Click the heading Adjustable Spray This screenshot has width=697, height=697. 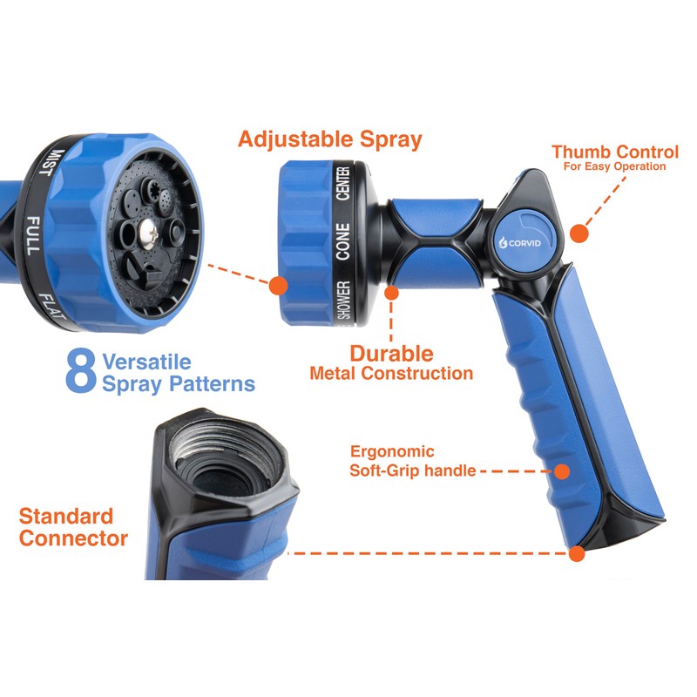tap(330, 139)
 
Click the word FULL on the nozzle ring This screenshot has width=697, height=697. tap(33, 234)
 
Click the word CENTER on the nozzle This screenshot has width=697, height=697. tap(342, 183)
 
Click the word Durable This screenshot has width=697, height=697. tap(391, 353)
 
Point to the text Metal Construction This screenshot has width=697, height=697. tap(391, 374)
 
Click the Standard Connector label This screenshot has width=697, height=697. tap(73, 526)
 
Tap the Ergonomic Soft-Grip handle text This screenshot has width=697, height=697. tap(413, 462)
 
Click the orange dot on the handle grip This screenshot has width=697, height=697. tap(562, 471)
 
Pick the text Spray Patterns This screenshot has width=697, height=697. tap(178, 383)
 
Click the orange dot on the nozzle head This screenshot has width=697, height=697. tap(278, 285)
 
